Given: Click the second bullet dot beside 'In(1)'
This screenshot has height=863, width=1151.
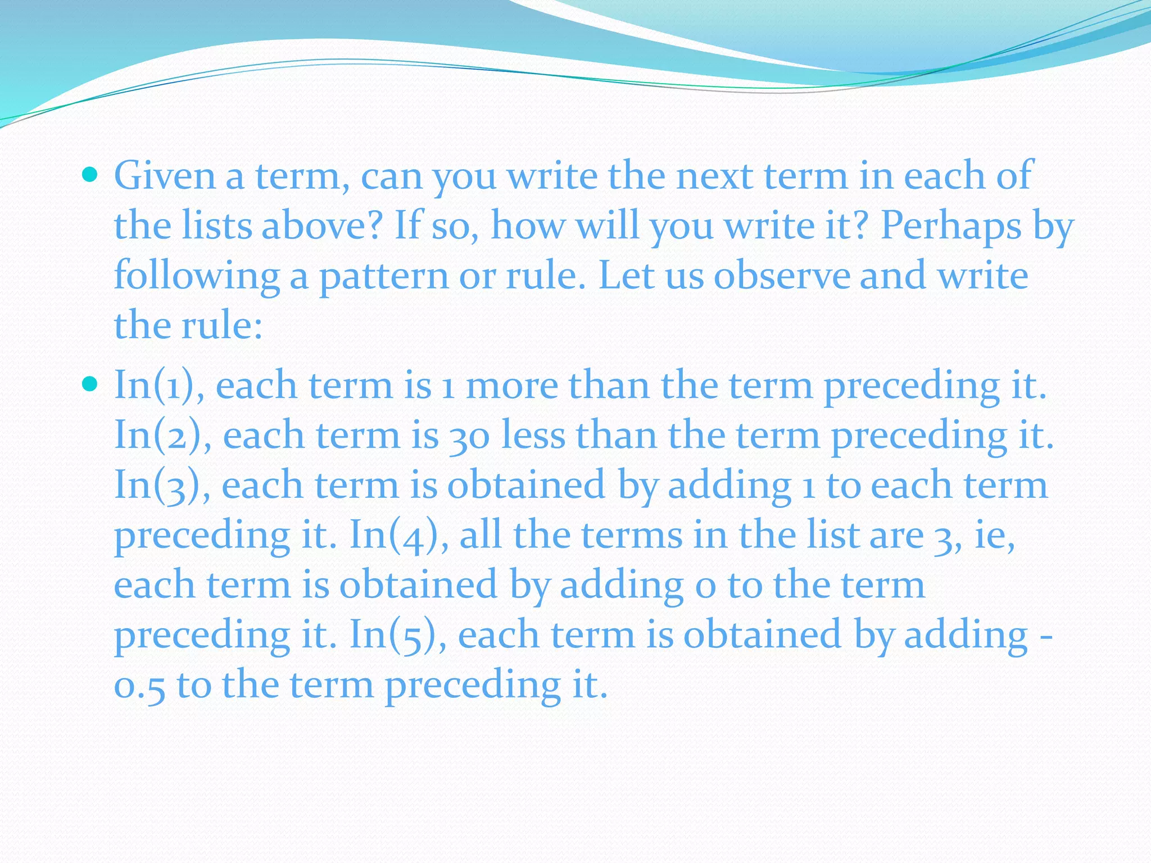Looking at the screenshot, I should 89,384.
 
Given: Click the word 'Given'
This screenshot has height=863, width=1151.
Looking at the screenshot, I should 165,176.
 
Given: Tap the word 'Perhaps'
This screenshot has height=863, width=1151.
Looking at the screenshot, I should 950,227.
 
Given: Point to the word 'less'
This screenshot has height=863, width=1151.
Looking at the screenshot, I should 533,436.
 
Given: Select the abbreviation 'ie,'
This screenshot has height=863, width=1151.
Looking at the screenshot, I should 994,536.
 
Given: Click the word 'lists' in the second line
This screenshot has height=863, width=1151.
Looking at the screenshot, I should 216,226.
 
